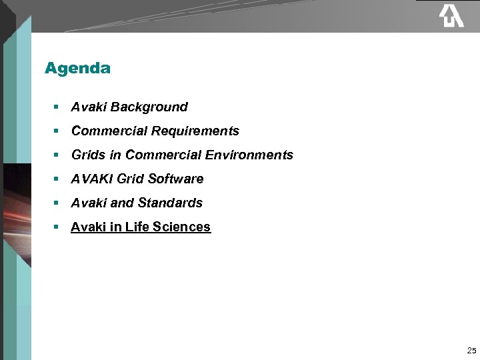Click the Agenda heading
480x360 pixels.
(77, 68)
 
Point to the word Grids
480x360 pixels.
(88, 155)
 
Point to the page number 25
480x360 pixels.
(471, 350)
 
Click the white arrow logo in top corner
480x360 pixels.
(451, 16)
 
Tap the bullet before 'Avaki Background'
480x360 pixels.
(57, 107)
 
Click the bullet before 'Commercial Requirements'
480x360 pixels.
(57, 131)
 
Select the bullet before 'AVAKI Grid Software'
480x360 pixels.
(57, 179)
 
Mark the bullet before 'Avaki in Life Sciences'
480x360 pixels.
(57, 227)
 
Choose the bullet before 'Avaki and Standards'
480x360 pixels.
(57, 203)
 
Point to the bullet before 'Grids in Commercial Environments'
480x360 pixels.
(57, 155)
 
